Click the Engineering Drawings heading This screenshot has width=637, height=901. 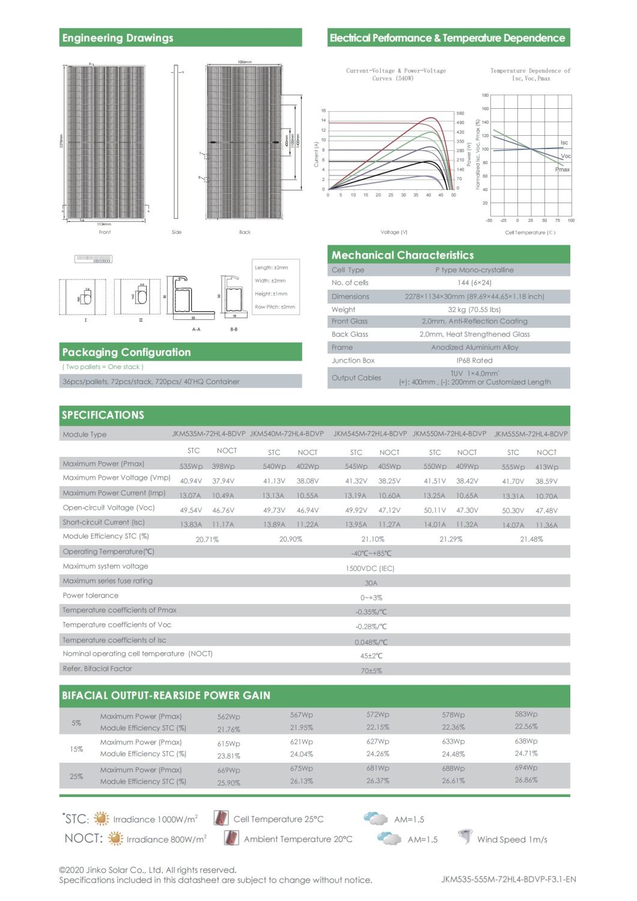click(x=118, y=38)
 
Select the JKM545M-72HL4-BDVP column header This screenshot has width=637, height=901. click(x=370, y=433)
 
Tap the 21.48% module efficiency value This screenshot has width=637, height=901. click(x=531, y=539)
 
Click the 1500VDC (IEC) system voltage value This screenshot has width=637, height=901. click(x=370, y=568)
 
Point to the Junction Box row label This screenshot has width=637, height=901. click(x=353, y=361)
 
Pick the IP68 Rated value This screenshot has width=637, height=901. click(x=474, y=361)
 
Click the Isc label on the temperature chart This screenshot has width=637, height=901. click(x=564, y=142)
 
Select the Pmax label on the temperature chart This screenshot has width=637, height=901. click(x=562, y=170)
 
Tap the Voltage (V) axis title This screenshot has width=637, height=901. click(x=394, y=232)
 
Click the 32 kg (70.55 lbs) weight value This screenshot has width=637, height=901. click(x=474, y=310)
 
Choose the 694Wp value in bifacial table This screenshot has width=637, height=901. click(x=526, y=768)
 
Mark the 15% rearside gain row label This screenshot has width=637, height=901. click(x=76, y=749)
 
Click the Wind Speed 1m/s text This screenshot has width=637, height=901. click(x=512, y=840)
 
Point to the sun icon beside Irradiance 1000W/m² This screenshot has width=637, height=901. click(x=102, y=819)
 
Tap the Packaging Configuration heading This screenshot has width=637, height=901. click(x=126, y=352)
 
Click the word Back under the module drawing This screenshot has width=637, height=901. click(x=245, y=232)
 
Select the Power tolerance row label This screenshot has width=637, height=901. click(x=91, y=596)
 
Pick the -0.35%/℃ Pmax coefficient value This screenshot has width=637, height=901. click(x=371, y=612)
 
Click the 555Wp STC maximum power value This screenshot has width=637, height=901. click(x=513, y=467)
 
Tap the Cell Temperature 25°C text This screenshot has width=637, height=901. click(x=278, y=819)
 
